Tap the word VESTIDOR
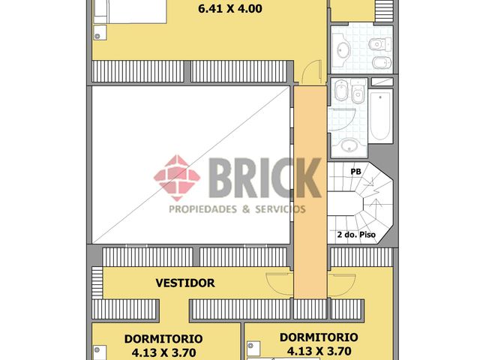[185, 283]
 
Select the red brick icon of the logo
[177, 178]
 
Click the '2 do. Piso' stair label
[356, 235]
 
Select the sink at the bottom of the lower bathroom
[349, 145]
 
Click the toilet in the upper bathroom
[376, 45]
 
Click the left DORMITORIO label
[163, 338]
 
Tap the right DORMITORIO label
[319, 337]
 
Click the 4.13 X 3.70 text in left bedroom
[163, 352]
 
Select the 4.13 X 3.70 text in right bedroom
[319, 350]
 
